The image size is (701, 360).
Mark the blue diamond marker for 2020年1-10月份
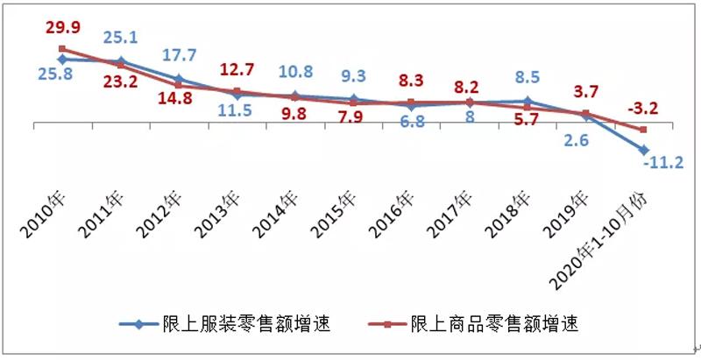[644, 150]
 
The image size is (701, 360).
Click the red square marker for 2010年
[61, 49]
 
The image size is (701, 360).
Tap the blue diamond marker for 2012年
[179, 79]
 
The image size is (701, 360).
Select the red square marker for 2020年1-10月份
[644, 130]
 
